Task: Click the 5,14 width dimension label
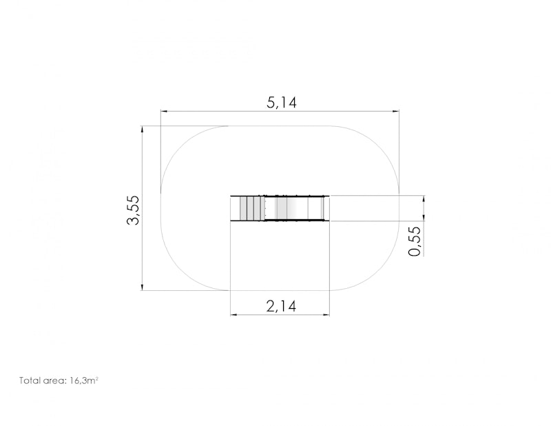coord(282,103)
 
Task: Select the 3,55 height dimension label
coord(134,210)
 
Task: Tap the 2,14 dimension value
coord(281,306)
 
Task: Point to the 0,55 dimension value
coord(415,241)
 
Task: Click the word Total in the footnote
coord(29,381)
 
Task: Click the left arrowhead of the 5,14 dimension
coord(164,111)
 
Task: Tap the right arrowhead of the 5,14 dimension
coord(395,111)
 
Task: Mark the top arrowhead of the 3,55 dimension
coord(142,129)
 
